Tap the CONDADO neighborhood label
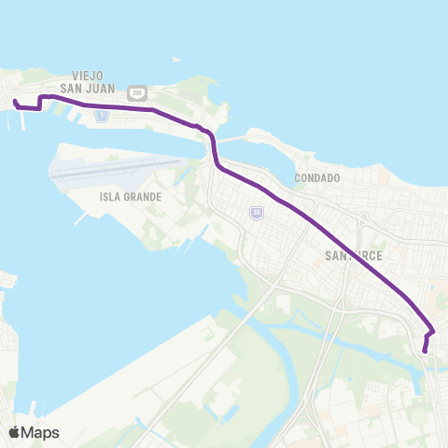click(316, 176)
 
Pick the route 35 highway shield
click(257, 213)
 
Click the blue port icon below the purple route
click(103, 115)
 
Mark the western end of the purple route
click(15, 102)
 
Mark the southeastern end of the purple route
click(425, 351)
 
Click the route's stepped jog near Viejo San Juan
click(40, 103)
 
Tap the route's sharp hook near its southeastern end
click(432, 332)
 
